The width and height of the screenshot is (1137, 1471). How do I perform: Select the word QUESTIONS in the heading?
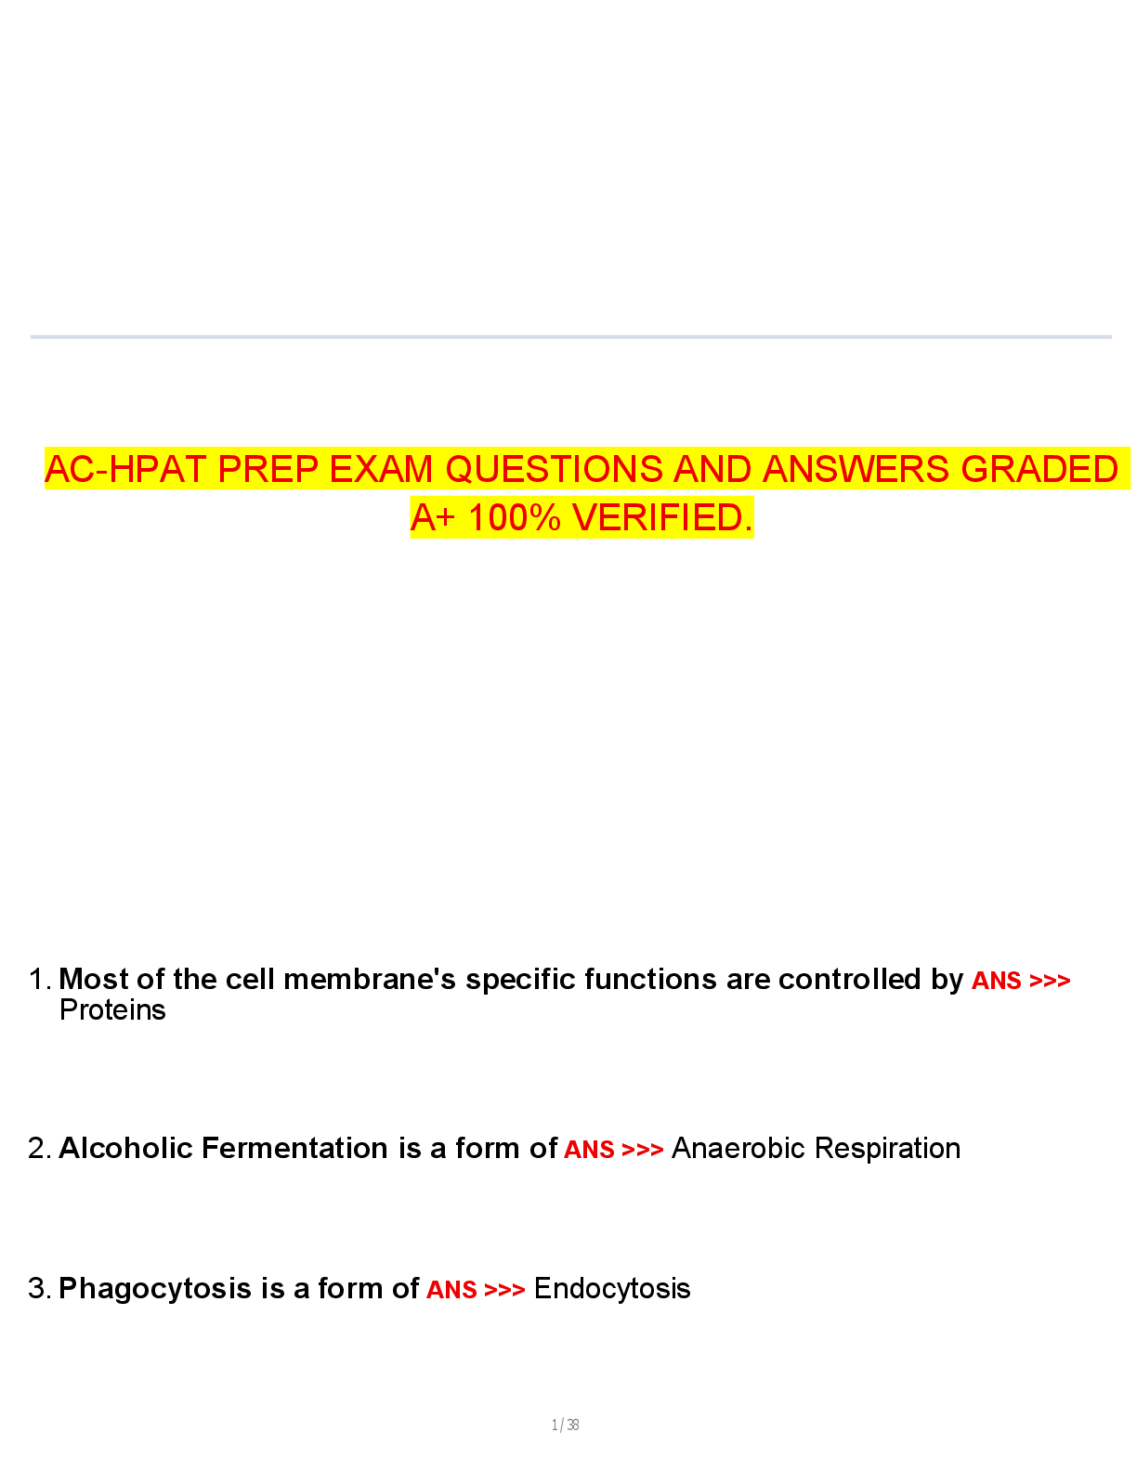[x=554, y=470]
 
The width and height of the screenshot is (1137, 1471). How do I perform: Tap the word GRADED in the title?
[x=1039, y=470]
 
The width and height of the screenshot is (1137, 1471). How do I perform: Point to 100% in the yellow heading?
[x=514, y=518]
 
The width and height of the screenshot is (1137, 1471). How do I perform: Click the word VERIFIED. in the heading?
[x=662, y=518]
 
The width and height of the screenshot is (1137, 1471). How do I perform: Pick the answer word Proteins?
[x=112, y=1010]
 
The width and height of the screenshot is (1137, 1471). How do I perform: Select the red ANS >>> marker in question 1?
[x=1020, y=981]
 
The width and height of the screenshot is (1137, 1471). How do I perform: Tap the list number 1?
[x=38, y=980]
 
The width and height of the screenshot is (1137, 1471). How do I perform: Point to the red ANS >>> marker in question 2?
[x=613, y=1150]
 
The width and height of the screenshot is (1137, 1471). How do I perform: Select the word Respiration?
[x=887, y=1149]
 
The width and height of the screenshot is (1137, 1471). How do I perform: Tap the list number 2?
[x=38, y=1149]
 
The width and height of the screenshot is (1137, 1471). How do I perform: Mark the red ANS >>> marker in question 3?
[x=476, y=1290]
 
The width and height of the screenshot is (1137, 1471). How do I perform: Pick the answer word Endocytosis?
[x=612, y=1289]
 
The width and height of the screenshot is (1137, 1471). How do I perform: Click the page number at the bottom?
[x=565, y=1425]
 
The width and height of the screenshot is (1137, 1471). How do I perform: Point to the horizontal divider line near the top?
[x=570, y=336]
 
